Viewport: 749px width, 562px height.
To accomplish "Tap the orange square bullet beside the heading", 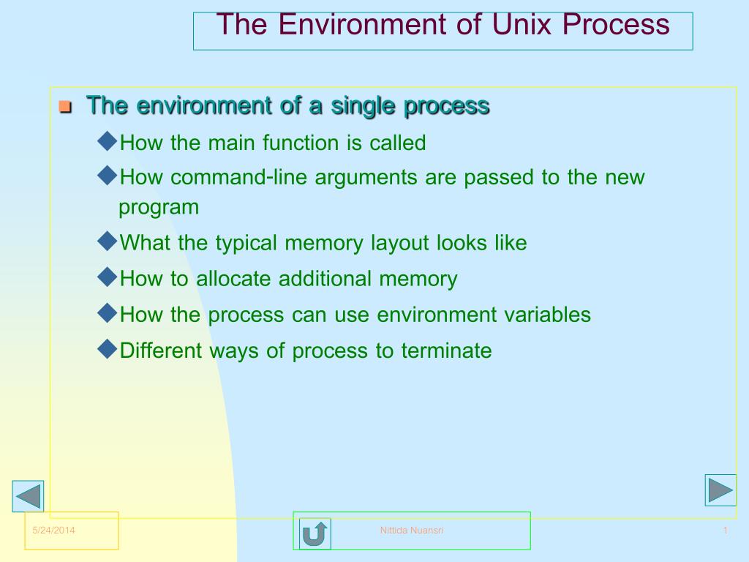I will coord(64,108).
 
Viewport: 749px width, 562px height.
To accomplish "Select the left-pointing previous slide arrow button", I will coord(29,496).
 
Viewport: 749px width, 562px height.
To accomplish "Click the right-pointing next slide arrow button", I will coord(720,490).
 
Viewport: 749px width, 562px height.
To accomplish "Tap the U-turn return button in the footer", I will coord(315,533).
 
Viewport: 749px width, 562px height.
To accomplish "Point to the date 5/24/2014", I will coord(54,531).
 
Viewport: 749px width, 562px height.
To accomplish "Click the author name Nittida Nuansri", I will coord(411,531).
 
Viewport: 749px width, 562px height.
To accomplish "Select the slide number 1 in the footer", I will coord(725,531).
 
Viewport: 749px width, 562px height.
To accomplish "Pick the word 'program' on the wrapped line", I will coord(159,207).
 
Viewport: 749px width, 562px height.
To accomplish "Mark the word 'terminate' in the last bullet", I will coord(446,351).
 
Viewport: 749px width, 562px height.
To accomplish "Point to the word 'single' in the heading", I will coord(364,106).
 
